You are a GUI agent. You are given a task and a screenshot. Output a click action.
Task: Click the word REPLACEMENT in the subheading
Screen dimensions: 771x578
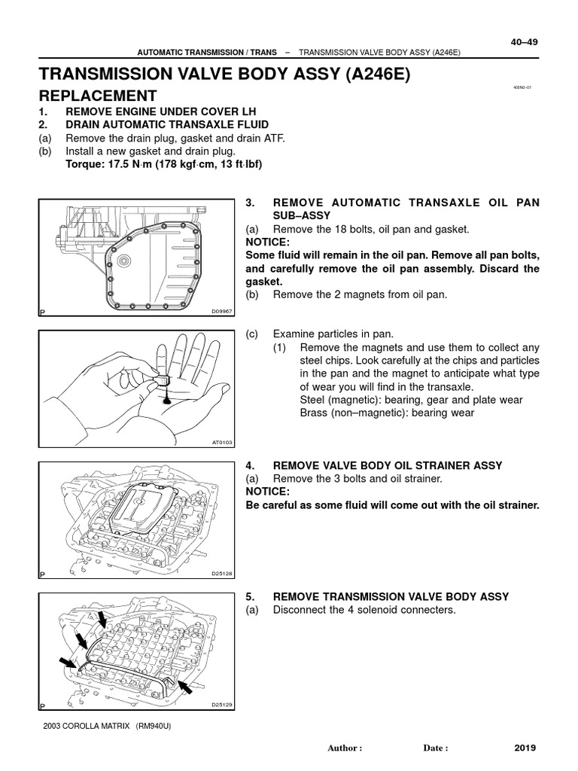[x=98, y=96]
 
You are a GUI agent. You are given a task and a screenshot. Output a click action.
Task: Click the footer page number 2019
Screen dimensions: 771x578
[x=525, y=748]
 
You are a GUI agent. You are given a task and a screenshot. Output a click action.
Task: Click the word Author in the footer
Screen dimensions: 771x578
[x=345, y=748]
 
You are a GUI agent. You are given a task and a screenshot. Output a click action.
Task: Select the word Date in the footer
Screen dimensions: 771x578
[x=435, y=748]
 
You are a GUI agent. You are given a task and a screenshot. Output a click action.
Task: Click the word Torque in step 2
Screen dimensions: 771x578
[x=85, y=164]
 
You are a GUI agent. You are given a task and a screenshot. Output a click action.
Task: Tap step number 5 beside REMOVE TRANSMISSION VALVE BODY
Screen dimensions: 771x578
[x=250, y=596]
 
